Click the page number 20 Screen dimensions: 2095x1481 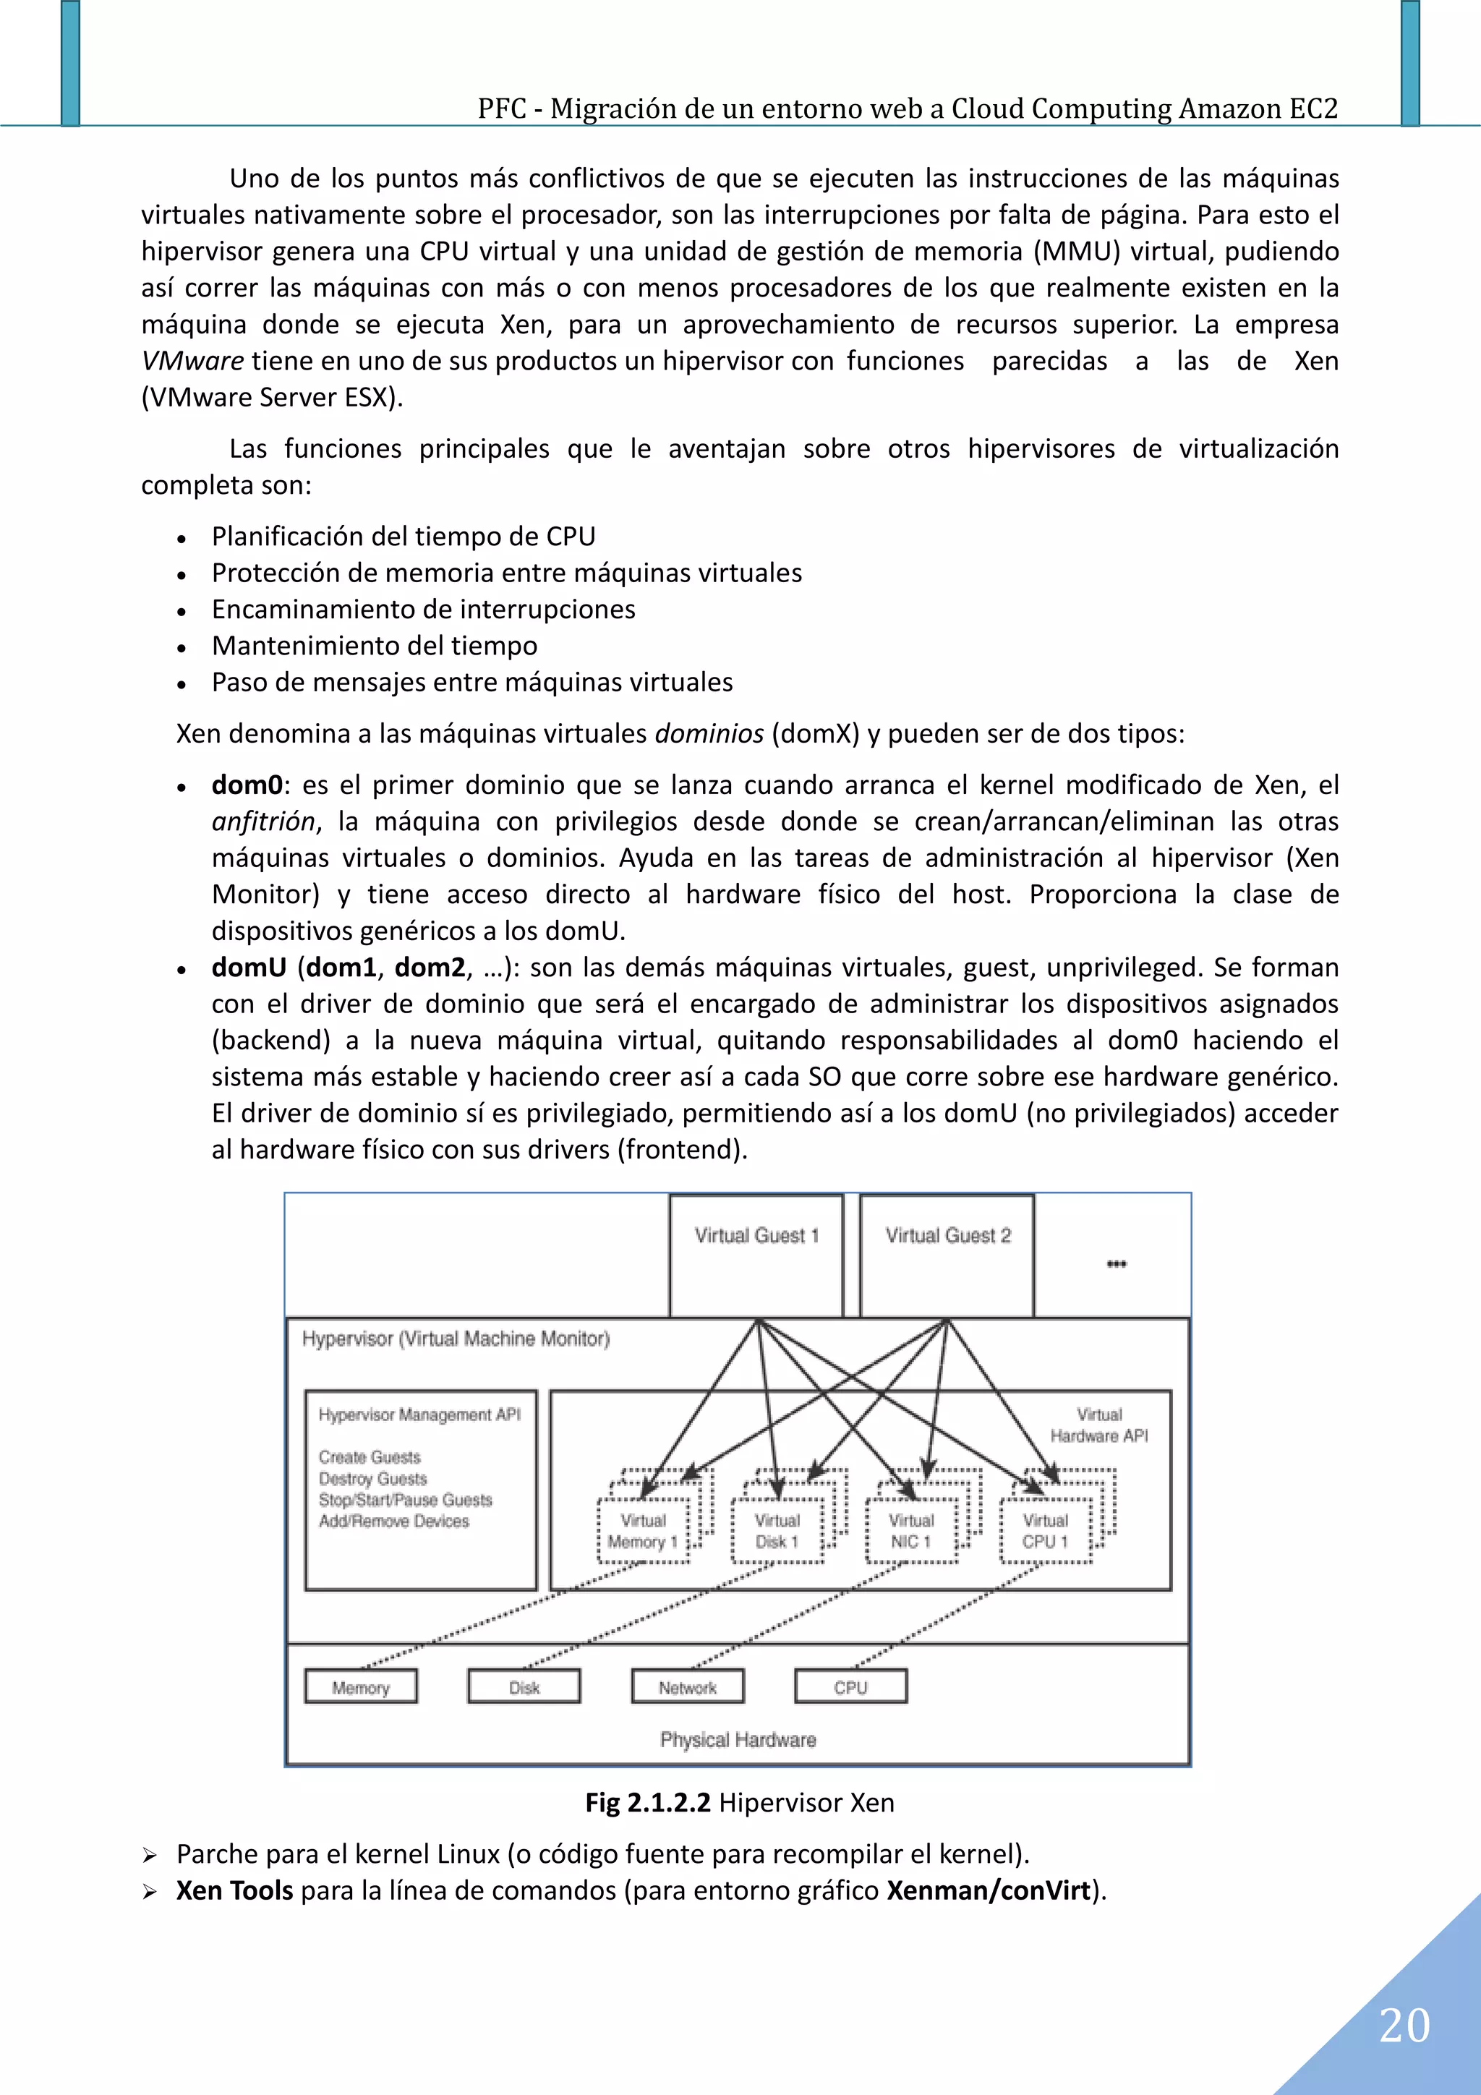(1404, 2026)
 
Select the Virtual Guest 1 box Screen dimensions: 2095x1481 (756, 1255)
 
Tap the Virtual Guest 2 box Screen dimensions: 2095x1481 (947, 1255)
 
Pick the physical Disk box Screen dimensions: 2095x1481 (524, 1687)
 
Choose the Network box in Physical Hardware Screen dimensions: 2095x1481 (688, 1687)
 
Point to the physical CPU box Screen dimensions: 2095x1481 (850, 1687)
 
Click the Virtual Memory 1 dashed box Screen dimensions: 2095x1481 (644, 1531)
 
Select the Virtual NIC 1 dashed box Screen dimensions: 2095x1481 (910, 1531)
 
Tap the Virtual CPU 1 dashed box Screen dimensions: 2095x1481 (1045, 1531)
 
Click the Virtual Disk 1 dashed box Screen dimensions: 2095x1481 (777, 1531)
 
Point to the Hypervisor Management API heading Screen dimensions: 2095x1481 (419, 1415)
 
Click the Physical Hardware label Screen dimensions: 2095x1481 (738, 1739)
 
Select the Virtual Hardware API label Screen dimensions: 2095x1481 (1098, 1425)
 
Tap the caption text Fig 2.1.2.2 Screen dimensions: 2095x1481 (648, 1802)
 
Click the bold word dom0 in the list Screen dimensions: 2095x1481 (247, 785)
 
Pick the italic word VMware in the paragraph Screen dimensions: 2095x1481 (192, 362)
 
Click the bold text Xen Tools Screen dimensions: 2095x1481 (234, 1890)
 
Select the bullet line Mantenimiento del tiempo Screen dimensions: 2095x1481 (374, 646)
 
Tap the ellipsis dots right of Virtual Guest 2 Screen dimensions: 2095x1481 (1116, 1264)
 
